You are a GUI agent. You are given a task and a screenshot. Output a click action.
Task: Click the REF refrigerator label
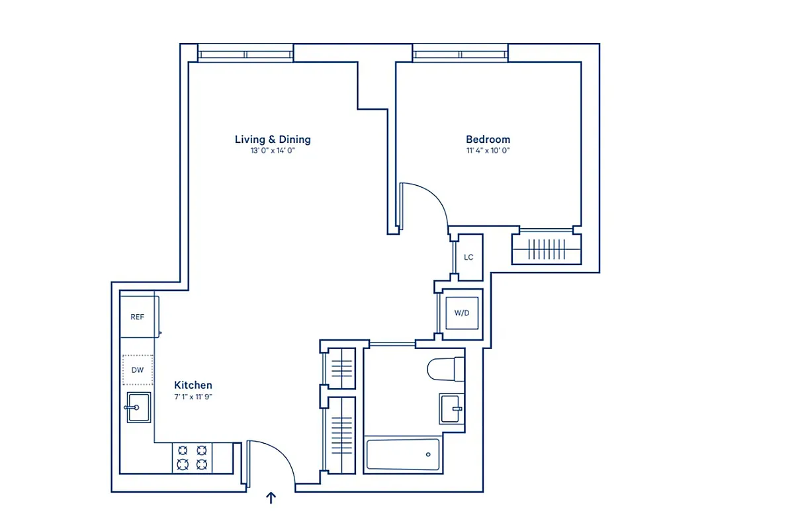coord(137,317)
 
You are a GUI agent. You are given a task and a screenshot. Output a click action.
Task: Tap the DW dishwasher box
coord(138,370)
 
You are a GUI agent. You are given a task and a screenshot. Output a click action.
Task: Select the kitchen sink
coord(138,407)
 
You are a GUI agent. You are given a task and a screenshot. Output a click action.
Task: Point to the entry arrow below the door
coord(271,498)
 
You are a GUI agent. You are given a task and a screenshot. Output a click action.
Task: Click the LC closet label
coord(468,257)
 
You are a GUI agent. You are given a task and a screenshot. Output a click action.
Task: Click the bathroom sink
coord(452,409)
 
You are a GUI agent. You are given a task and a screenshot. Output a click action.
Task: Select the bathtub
coord(403,455)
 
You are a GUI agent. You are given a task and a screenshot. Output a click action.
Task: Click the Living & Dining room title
coord(273,140)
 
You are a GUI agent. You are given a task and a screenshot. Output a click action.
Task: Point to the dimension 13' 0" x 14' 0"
coord(272,151)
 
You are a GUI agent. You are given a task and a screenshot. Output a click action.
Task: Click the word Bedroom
coord(488,140)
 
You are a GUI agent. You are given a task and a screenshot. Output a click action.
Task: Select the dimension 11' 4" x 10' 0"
coord(488,151)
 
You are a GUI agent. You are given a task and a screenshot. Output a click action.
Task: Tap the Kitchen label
coord(193,385)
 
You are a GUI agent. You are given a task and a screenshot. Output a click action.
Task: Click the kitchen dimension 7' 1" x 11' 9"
coord(193,397)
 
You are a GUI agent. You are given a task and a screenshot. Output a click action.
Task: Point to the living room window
coord(245,54)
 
